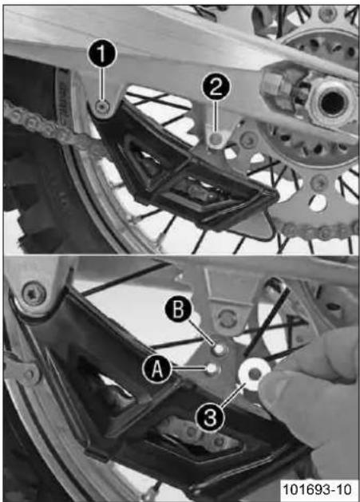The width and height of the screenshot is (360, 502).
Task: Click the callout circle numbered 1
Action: (101, 54)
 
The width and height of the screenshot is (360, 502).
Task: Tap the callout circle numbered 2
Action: (216, 87)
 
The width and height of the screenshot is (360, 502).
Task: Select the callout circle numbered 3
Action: (210, 417)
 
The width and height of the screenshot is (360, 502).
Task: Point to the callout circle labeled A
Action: (156, 370)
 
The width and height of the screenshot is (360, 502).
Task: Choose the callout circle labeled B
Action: (178, 310)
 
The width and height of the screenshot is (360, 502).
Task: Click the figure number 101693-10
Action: (317, 489)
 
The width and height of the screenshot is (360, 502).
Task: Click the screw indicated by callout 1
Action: (103, 107)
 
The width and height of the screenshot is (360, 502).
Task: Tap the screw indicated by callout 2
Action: (216, 139)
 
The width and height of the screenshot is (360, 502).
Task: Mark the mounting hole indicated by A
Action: (212, 369)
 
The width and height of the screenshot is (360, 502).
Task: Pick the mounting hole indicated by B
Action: (219, 349)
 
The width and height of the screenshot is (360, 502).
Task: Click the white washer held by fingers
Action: (255, 374)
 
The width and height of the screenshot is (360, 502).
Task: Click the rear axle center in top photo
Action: (331, 103)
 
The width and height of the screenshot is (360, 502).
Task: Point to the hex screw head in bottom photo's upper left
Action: (34, 293)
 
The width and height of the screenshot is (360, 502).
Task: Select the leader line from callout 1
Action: (102, 84)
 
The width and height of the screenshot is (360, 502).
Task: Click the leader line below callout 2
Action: (216, 117)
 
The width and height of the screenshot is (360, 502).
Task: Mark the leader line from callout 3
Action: (232, 396)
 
